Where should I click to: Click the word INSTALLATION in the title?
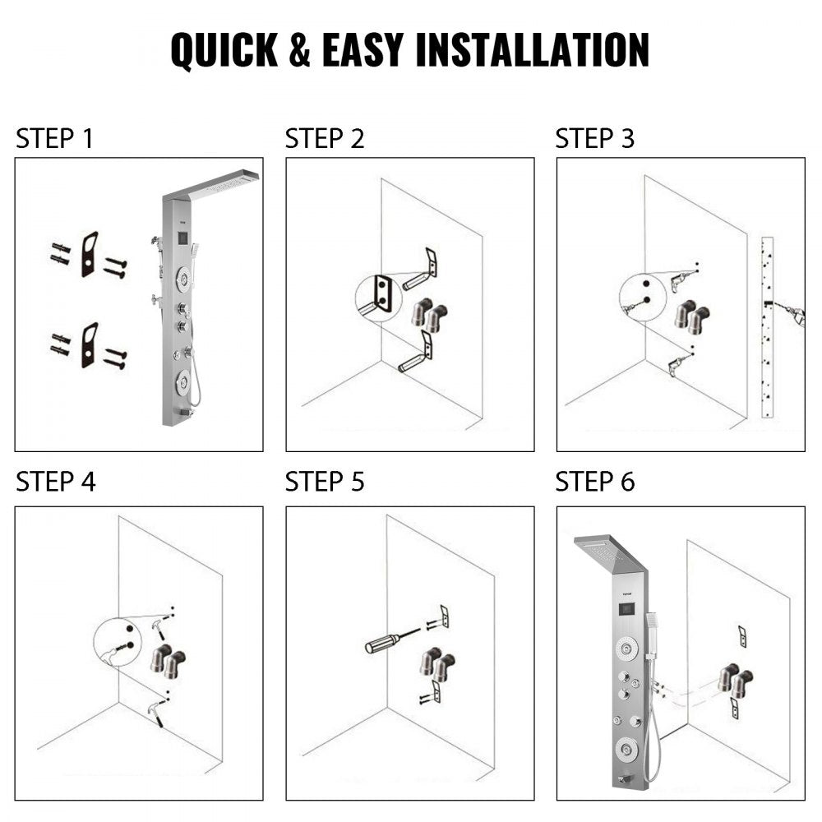(x=532, y=50)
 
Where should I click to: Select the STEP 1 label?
(x=54, y=139)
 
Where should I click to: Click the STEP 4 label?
(x=55, y=482)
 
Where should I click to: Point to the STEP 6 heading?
(x=595, y=482)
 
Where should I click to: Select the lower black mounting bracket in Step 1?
(x=89, y=344)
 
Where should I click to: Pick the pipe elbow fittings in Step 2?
(x=428, y=316)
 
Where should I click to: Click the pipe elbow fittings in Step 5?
(x=436, y=664)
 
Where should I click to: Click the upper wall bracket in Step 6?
(x=742, y=635)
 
